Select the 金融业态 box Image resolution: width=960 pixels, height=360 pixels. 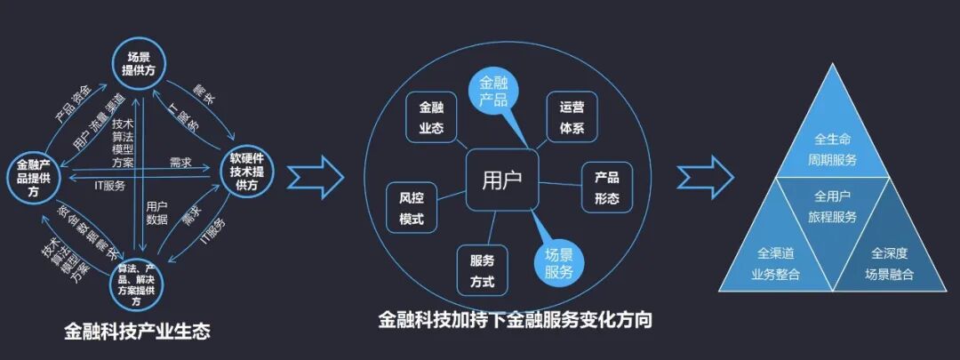click(431, 117)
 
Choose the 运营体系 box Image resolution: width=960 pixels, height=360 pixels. click(572, 117)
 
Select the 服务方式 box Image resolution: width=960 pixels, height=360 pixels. click(482, 270)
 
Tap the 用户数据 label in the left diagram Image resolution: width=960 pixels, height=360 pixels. click(156, 212)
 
